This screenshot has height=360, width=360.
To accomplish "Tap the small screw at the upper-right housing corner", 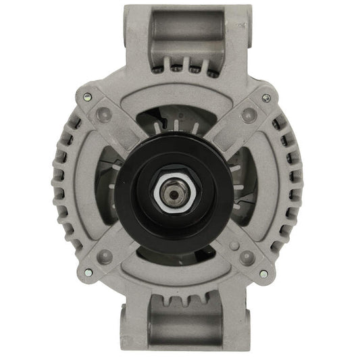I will [x=267, y=97].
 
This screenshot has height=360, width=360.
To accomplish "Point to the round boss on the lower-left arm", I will [x=105, y=257].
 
